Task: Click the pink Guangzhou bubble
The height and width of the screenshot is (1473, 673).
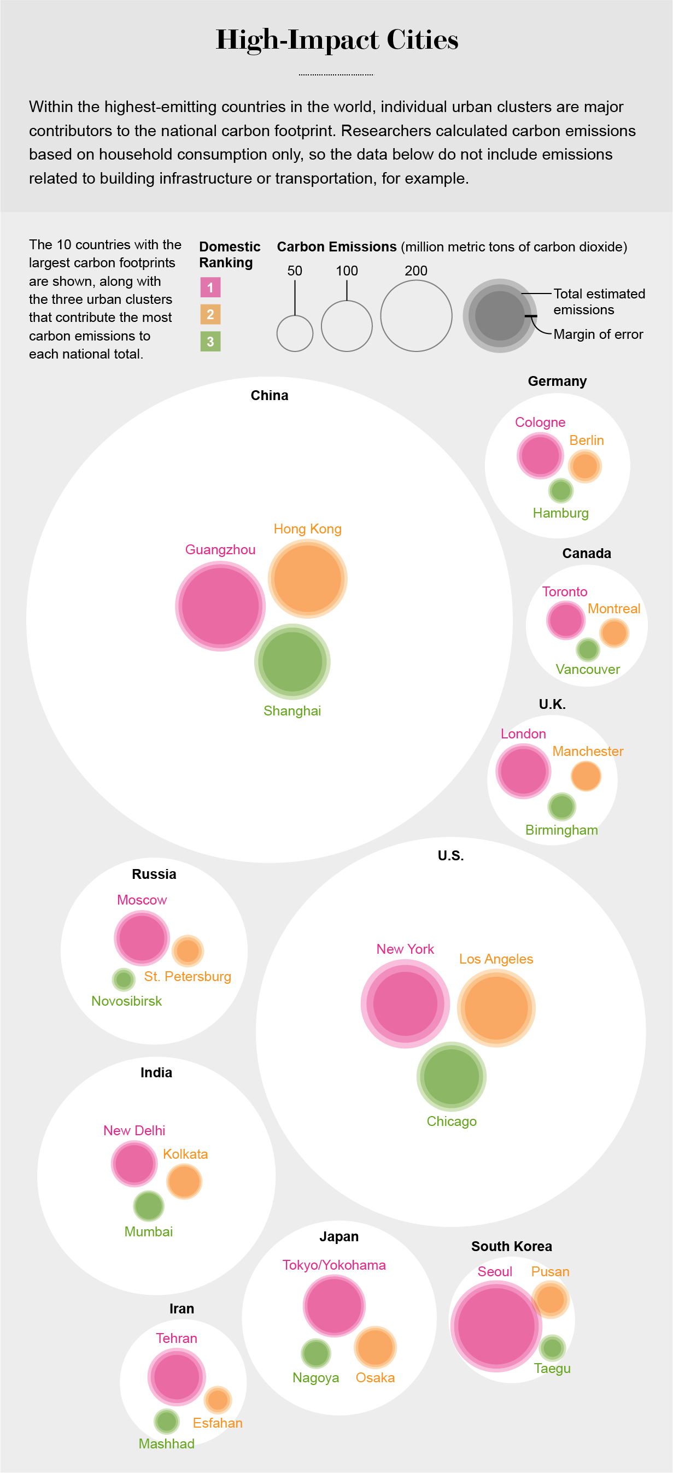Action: (220, 606)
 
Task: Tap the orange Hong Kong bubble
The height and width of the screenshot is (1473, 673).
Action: (308, 579)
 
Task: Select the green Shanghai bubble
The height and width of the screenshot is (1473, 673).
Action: (292, 661)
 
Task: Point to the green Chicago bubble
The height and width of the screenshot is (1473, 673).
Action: (451, 1076)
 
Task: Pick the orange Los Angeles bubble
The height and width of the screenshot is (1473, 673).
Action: (496, 1007)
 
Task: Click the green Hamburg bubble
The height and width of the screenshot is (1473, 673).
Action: (560, 490)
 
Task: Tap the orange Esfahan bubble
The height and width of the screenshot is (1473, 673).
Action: (218, 1400)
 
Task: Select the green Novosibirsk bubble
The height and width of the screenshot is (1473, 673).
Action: (124, 979)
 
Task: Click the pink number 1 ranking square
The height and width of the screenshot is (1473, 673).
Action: (210, 287)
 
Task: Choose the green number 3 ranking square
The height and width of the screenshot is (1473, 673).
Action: (210, 342)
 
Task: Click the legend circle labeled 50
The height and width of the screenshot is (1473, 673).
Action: (295, 333)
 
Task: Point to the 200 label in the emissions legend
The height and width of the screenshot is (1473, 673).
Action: (415, 271)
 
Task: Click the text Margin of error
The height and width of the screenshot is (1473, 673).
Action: (598, 334)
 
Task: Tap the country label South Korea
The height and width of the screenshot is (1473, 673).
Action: (511, 1246)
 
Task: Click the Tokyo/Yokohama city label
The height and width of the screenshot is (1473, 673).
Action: (334, 1265)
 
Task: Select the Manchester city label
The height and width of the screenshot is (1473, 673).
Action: (587, 751)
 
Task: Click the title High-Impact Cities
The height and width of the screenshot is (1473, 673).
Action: (337, 39)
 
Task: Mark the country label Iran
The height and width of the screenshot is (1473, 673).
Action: (182, 1308)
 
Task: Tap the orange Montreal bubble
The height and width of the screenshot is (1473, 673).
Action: (614, 633)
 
